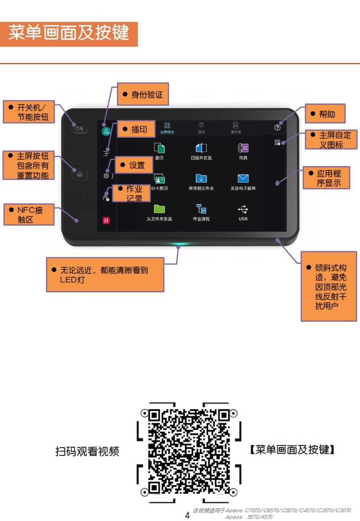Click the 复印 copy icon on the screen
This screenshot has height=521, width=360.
coord(159,148)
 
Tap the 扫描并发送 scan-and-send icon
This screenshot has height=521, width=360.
coord(201,148)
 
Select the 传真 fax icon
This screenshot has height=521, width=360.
coord(243,148)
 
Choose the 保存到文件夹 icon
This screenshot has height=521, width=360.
coord(201,179)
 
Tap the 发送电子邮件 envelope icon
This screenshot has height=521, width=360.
coord(243,179)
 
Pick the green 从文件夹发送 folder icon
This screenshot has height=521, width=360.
coord(159,208)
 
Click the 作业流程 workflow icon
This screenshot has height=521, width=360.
coord(201,209)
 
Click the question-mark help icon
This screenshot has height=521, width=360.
coord(277,128)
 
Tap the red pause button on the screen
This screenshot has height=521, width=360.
coord(106,220)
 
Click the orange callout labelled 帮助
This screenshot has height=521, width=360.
coord(326,114)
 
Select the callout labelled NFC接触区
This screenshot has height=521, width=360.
coord(29,215)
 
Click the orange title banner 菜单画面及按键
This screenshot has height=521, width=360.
coord(69,33)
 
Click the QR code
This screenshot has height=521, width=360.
coord(189,451)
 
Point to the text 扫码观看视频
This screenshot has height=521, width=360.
coord(87,451)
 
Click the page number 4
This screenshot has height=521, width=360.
coord(187,515)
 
